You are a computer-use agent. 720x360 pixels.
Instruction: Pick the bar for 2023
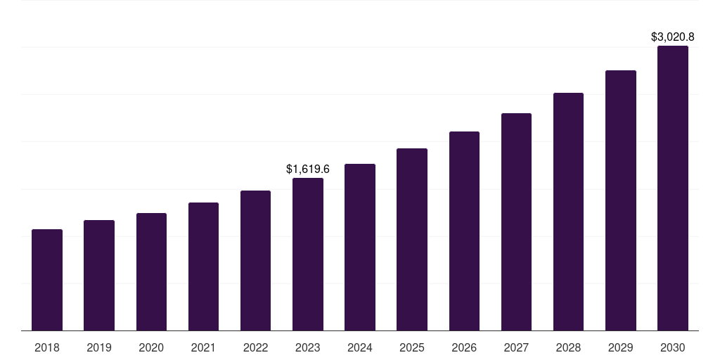pyautogui.click(x=308, y=254)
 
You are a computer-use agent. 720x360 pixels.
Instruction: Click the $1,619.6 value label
pyautogui.click(x=308, y=169)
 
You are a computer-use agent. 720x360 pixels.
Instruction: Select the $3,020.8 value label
pyautogui.click(x=673, y=37)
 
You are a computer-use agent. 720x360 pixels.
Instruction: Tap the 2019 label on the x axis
pyautogui.click(x=99, y=348)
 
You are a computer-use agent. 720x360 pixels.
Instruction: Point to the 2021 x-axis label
pyautogui.click(x=203, y=348)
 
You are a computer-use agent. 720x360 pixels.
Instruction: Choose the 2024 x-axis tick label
pyautogui.click(x=360, y=348)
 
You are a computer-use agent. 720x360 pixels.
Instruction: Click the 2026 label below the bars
pyautogui.click(x=464, y=348)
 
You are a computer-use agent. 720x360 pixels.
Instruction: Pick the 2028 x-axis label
pyautogui.click(x=568, y=348)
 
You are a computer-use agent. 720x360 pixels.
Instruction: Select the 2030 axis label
pyautogui.click(x=673, y=348)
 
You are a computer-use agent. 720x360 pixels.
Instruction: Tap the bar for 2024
pyautogui.click(x=360, y=247)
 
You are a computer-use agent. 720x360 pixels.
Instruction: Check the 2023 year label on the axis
pyautogui.click(x=308, y=348)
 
